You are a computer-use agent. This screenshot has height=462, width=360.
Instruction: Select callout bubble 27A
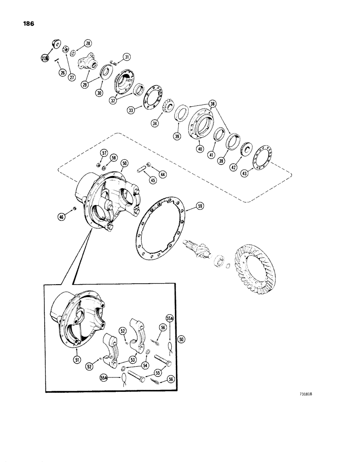click(45, 59)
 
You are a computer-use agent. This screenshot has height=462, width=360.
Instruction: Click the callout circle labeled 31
click(126, 57)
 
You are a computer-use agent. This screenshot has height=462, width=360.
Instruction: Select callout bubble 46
click(61, 216)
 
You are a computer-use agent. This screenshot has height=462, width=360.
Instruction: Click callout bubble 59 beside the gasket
click(200, 207)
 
